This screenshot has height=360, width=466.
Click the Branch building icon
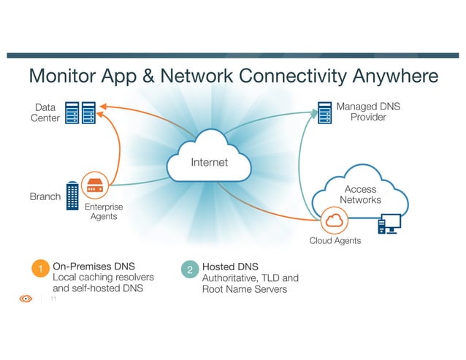(x=72, y=196)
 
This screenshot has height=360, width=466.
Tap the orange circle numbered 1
(x=41, y=271)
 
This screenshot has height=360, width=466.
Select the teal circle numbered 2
(x=189, y=271)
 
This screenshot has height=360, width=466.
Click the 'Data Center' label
(x=45, y=113)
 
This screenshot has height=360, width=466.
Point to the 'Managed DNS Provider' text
(x=367, y=112)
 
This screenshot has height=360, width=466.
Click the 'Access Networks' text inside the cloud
(x=360, y=195)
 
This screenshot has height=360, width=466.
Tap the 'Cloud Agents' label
(x=335, y=241)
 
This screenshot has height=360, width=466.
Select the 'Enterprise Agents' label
(x=103, y=212)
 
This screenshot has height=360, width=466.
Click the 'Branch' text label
(x=45, y=196)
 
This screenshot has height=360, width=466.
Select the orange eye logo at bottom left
(x=26, y=299)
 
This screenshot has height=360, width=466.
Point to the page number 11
(x=53, y=299)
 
